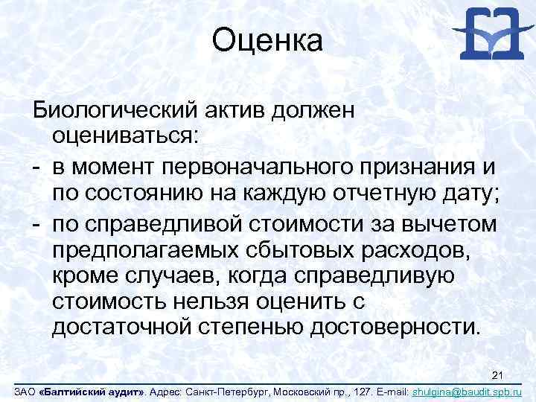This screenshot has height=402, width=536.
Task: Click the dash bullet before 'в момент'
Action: click(34, 165)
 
